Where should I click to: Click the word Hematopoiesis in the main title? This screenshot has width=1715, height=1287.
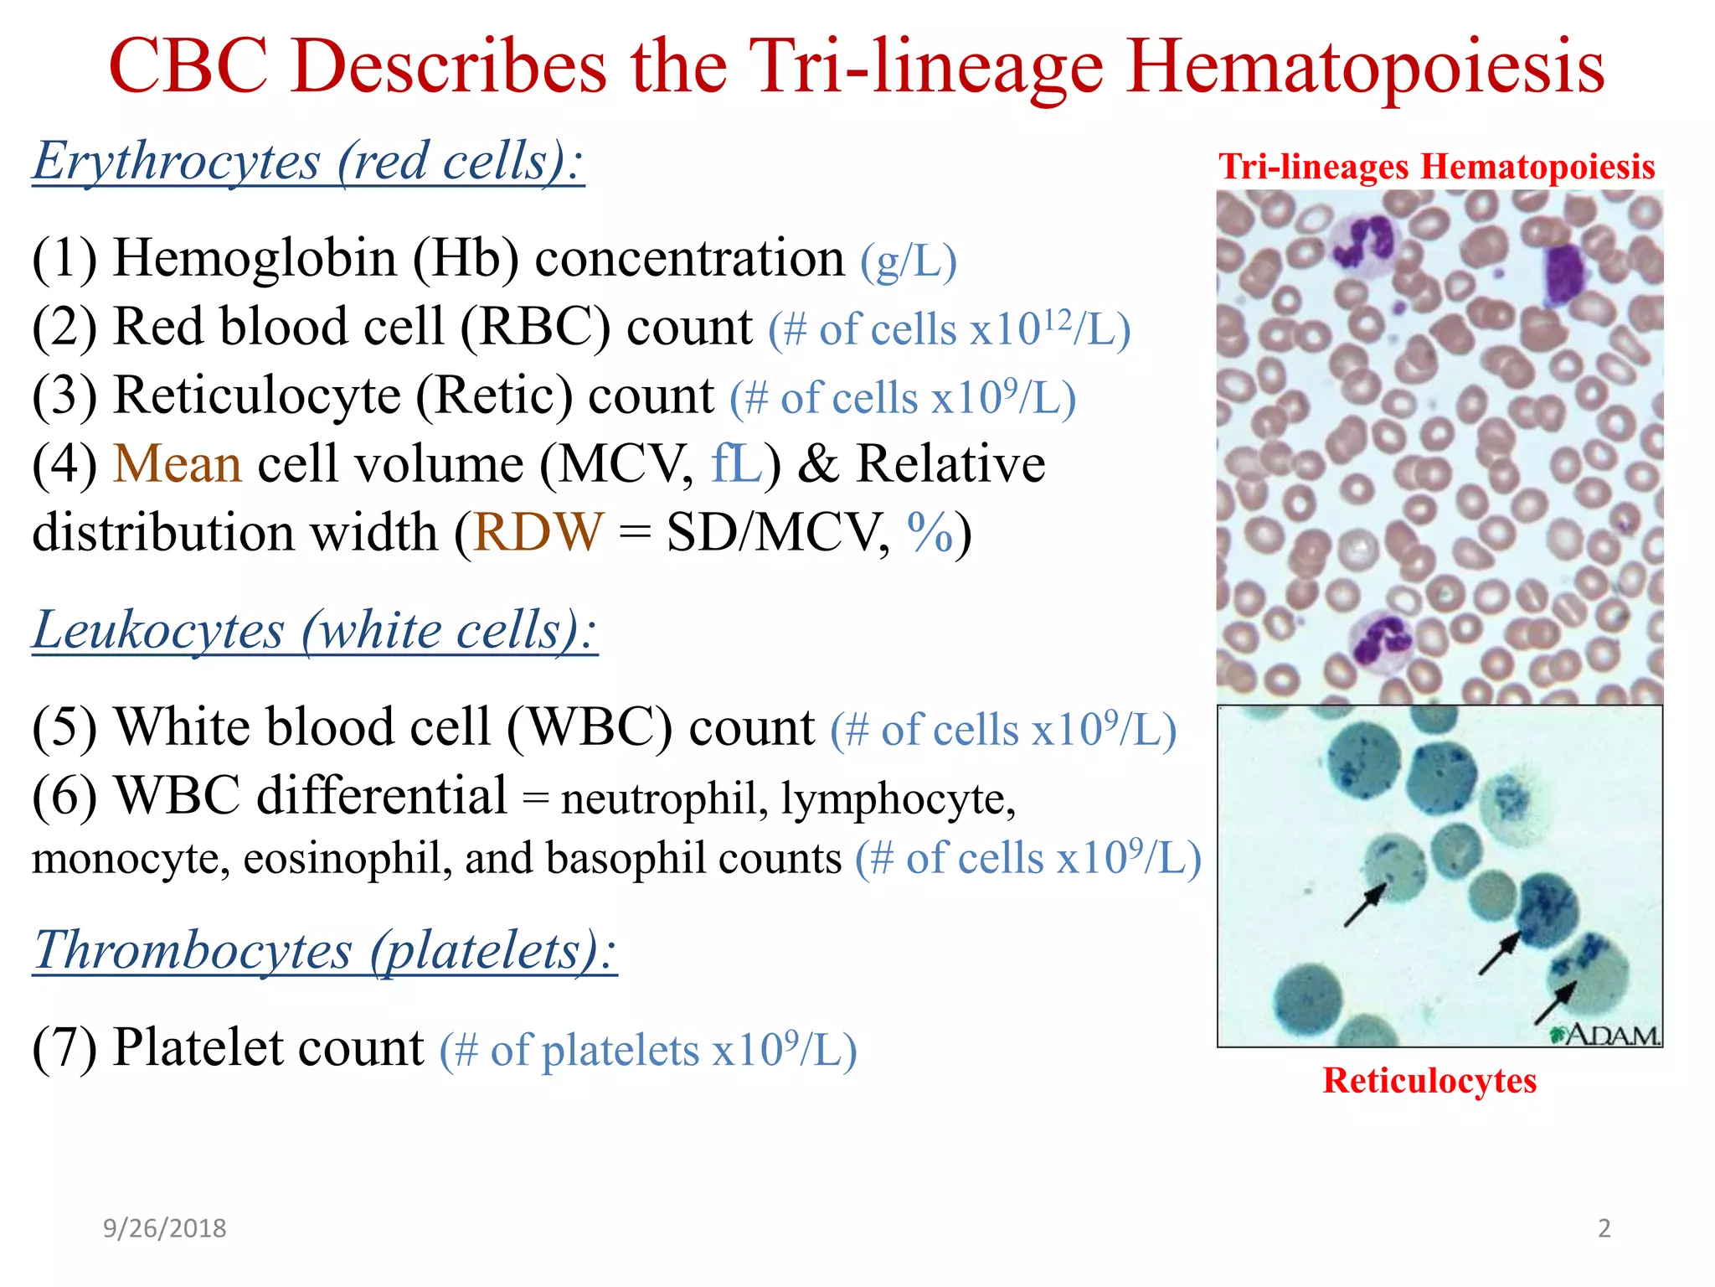pyautogui.click(x=1365, y=67)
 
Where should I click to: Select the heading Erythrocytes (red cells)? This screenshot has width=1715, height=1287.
pyautogui.click(x=307, y=161)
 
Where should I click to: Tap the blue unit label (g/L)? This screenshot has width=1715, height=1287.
pyautogui.click(x=908, y=261)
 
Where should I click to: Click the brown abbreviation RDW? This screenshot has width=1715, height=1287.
pyautogui.click(x=538, y=532)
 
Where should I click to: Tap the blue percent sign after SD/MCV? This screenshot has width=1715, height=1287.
pyautogui.click(x=930, y=532)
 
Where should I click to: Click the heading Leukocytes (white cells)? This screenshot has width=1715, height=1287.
pyautogui.click(x=315, y=630)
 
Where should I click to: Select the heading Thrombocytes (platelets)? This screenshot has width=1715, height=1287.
pyautogui.click(x=325, y=951)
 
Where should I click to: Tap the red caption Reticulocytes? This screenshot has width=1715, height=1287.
pyautogui.click(x=1429, y=1081)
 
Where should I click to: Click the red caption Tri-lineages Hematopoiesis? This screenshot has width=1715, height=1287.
pyautogui.click(x=1436, y=167)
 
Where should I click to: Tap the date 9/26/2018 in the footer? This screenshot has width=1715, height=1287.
pyautogui.click(x=164, y=1228)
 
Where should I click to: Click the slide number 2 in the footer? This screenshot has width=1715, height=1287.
pyautogui.click(x=1604, y=1228)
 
